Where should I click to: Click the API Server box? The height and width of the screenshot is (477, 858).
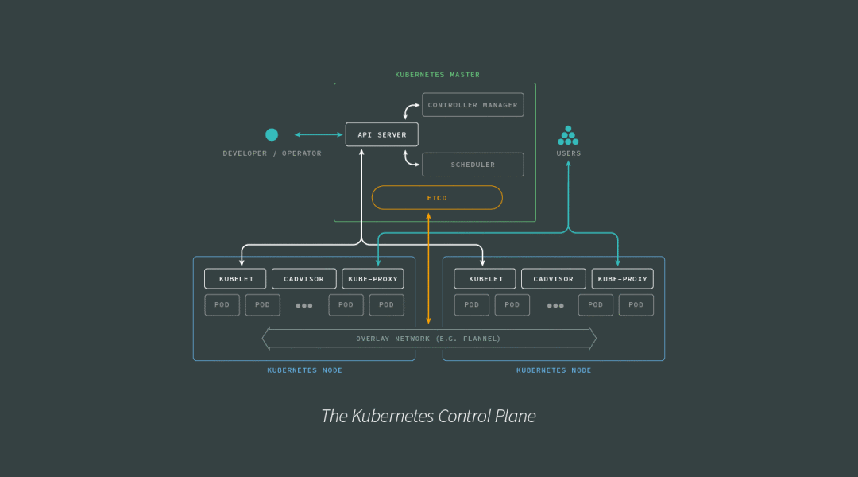pyautogui.click(x=381, y=134)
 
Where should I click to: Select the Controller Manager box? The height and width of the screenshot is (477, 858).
pyautogui.click(x=473, y=105)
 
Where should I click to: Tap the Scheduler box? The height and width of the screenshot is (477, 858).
pyautogui.click(x=473, y=165)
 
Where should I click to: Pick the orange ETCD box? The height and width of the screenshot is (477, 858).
pyautogui.click(x=437, y=197)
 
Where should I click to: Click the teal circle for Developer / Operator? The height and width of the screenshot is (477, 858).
pyautogui.click(x=272, y=134)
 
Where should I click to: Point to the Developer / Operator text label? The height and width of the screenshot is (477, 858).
pyautogui.click(x=272, y=153)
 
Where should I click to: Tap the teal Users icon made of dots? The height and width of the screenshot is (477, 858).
pyautogui.click(x=568, y=135)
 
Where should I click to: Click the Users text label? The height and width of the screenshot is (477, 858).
pyautogui.click(x=568, y=153)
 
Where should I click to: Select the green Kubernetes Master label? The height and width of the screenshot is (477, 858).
pyautogui.click(x=437, y=75)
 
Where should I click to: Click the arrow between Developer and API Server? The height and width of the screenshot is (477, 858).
pyautogui.click(x=319, y=134)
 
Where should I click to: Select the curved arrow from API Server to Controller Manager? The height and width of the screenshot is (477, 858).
pyautogui.click(x=410, y=110)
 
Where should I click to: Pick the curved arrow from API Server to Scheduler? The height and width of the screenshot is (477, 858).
pyautogui.click(x=410, y=159)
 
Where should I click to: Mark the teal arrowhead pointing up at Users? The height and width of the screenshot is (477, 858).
pyautogui.click(x=568, y=165)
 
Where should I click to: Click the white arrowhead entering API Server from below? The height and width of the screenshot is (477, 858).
pyautogui.click(x=361, y=151)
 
